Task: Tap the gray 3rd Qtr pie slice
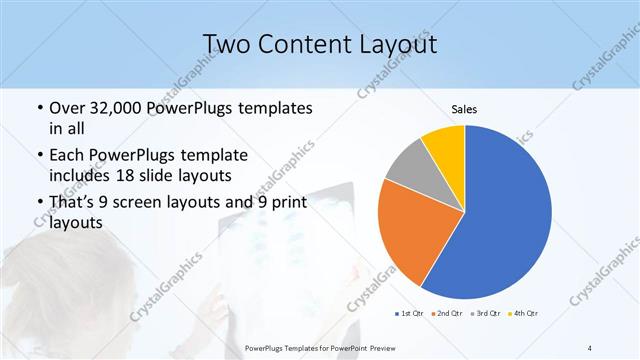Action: [x=408, y=170]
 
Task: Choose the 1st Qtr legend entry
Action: [x=411, y=314]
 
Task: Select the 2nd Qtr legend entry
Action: [x=447, y=314]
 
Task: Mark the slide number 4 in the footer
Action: [x=590, y=347]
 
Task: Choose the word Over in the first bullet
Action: [x=66, y=108]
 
